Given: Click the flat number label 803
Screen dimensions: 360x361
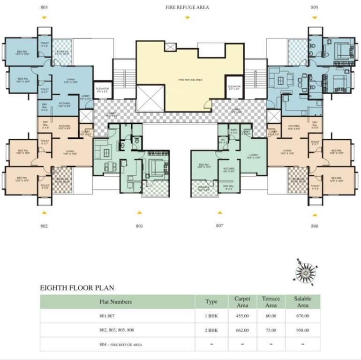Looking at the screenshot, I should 44,7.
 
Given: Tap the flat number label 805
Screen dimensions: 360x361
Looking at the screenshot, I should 315,7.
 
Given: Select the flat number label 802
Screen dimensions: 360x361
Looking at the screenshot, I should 44,226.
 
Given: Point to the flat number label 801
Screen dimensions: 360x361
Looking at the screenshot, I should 139,226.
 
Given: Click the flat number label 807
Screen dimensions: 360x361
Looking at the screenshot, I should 219,225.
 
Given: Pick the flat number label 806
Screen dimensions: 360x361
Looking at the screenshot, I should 315,226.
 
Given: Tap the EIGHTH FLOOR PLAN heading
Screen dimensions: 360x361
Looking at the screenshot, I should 77,288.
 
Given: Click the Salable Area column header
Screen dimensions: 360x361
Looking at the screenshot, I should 302,301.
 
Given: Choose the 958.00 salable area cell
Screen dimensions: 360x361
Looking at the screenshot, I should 302,330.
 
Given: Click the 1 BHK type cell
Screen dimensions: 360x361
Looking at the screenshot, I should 211,316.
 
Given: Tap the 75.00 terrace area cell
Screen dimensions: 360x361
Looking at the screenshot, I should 271,330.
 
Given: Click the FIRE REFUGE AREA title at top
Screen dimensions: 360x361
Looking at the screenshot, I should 187,7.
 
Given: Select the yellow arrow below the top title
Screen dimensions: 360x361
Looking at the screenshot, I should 187,18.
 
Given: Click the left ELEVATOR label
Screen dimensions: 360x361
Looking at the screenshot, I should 102,89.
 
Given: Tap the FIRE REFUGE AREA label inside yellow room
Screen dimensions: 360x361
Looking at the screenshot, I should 190,80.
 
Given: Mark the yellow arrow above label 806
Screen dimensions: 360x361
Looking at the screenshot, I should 315,214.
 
